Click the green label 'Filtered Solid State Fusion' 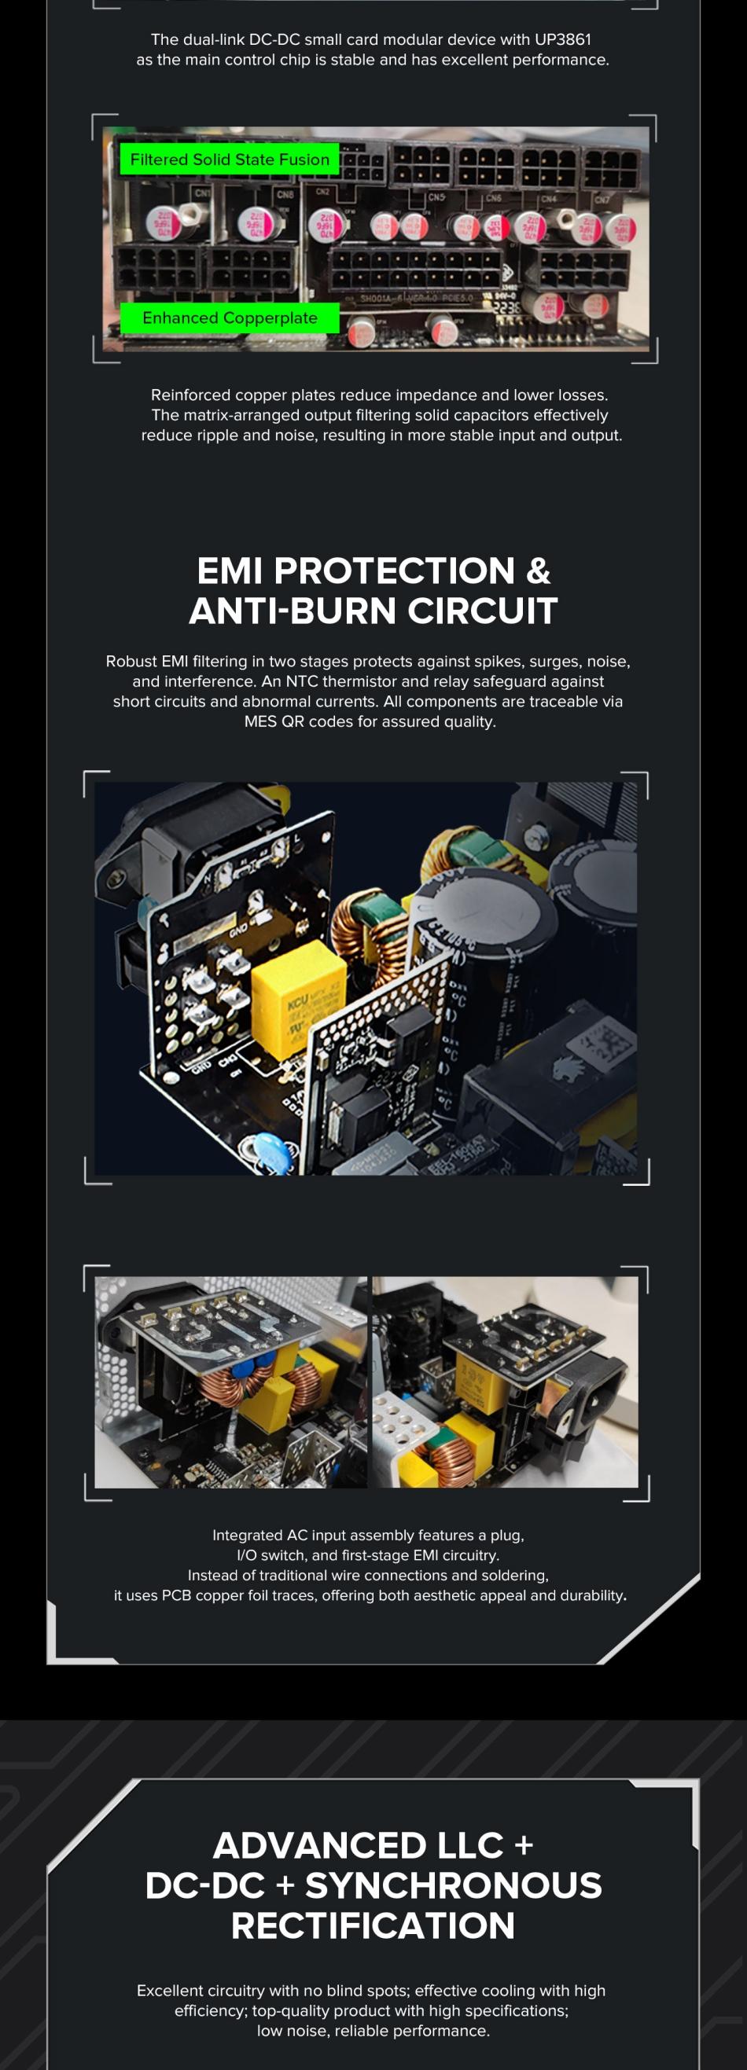click(x=229, y=159)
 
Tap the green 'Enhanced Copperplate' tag click(x=229, y=318)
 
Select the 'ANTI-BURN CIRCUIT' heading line click(x=373, y=611)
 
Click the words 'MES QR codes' click(x=294, y=721)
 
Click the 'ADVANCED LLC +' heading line click(x=373, y=1845)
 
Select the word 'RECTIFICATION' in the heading click(x=373, y=1925)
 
